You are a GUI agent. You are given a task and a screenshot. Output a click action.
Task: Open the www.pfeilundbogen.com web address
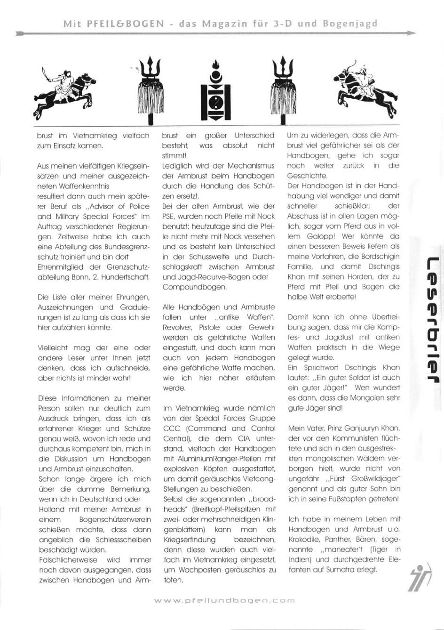[x=224, y=600]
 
